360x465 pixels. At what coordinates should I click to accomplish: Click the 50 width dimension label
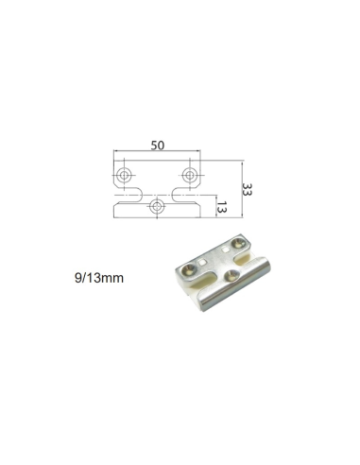[157, 146]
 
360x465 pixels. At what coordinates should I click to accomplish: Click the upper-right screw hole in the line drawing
[189, 175]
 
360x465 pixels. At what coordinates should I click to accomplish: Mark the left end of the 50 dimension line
[113, 154]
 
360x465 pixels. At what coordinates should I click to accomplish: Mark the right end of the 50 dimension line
[201, 154]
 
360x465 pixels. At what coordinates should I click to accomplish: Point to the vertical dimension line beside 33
[237, 189]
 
